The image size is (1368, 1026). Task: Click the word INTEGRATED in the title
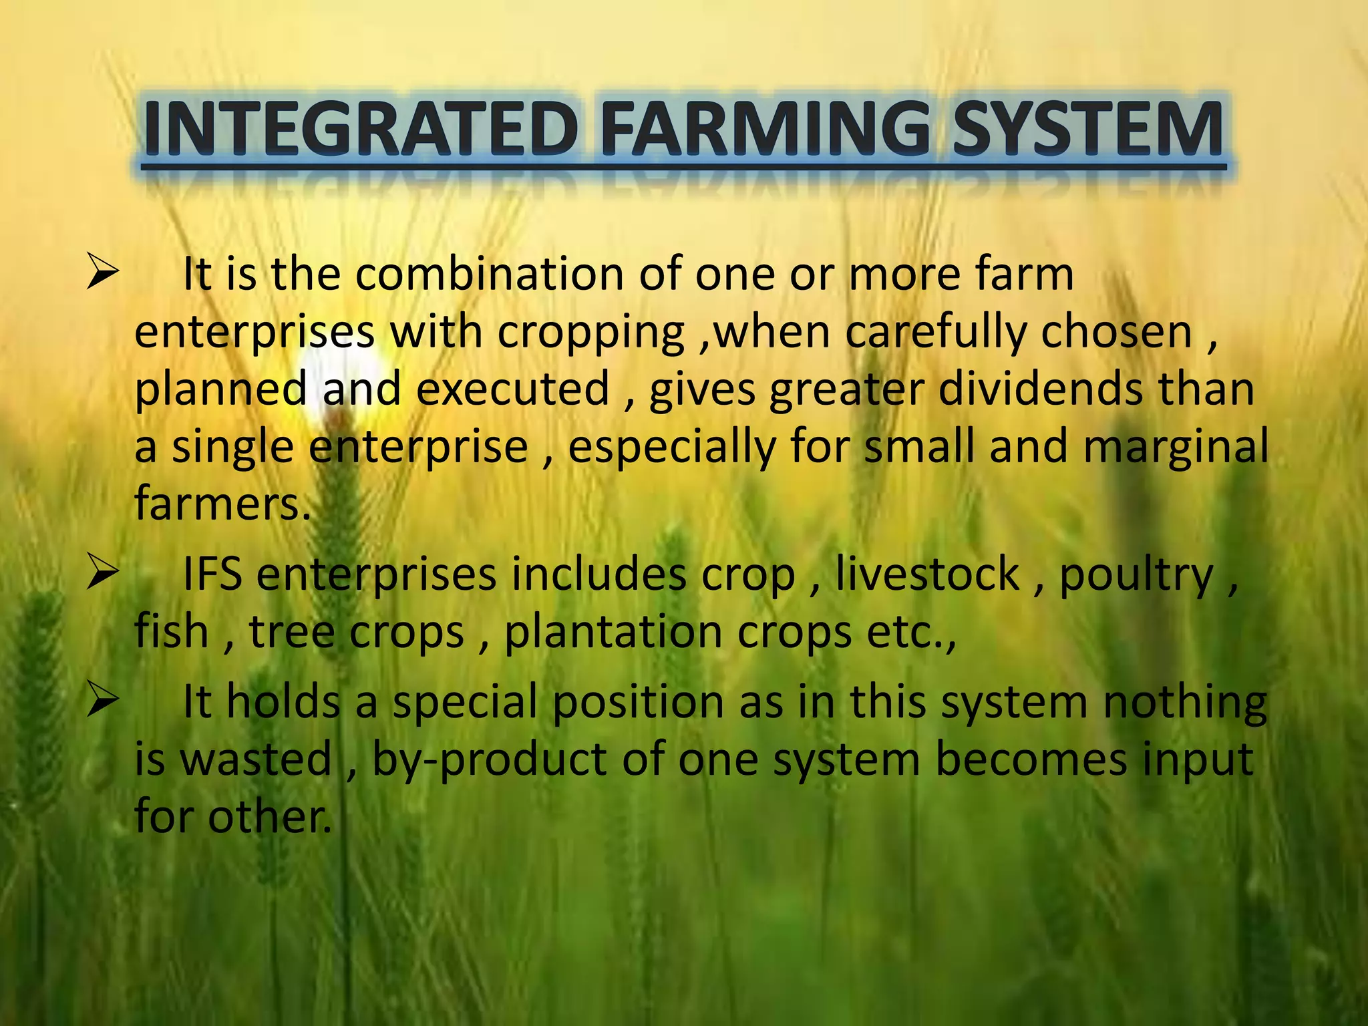(x=361, y=128)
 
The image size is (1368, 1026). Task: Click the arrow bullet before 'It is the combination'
(x=102, y=275)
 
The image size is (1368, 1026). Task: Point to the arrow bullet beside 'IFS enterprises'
(x=102, y=574)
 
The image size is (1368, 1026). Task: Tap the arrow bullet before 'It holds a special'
(x=102, y=701)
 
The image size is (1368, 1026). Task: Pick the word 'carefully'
(x=935, y=333)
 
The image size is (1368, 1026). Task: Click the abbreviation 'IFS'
(x=212, y=574)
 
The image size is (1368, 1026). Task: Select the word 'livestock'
(x=928, y=574)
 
